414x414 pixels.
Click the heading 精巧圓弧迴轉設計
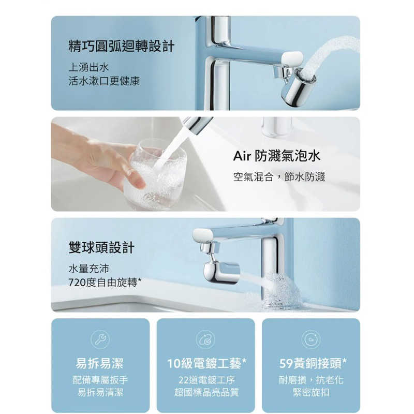(x=122, y=47)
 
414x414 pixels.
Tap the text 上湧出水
(x=88, y=67)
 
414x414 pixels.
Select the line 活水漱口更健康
(x=104, y=81)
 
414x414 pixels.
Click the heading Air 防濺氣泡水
(x=277, y=156)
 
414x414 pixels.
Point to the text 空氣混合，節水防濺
(x=279, y=177)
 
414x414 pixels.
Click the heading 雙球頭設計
(x=101, y=248)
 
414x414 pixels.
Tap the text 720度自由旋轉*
(x=105, y=283)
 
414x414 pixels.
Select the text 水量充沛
(x=88, y=269)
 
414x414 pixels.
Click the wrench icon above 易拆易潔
(x=100, y=339)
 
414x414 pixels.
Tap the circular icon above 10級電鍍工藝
(x=205, y=339)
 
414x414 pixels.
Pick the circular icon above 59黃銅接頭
(x=311, y=339)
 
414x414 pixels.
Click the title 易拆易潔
(x=100, y=364)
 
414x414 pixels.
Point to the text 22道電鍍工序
(x=205, y=380)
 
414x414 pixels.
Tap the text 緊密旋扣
(x=311, y=393)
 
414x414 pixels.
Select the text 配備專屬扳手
(x=100, y=380)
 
